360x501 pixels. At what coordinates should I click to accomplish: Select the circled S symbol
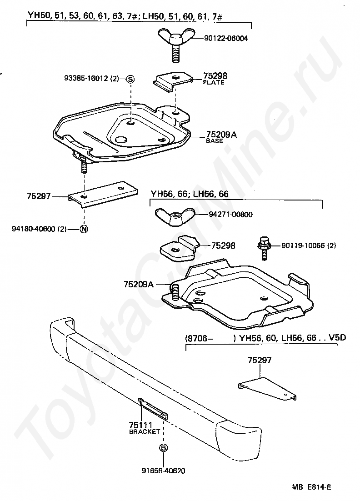coord(130,79)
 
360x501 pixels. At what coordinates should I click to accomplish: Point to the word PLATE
coord(214,83)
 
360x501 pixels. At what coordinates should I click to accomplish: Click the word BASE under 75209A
coord(215,141)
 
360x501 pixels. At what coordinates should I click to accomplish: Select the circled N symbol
coord(84,229)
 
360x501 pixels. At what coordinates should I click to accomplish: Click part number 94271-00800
coord(230,215)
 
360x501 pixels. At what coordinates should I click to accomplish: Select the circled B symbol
coord(163,448)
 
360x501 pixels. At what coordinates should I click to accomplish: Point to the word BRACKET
coord(145,431)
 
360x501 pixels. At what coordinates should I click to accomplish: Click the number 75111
coord(141,426)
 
